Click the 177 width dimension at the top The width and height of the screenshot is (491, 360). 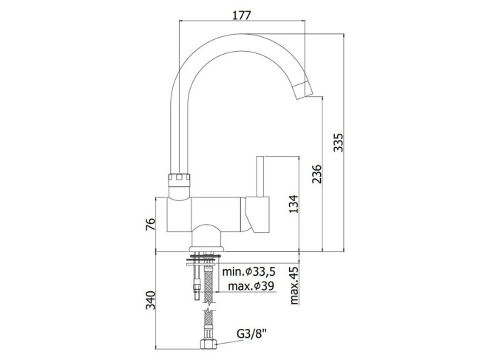click(x=242, y=15)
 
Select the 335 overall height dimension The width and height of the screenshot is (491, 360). click(x=338, y=143)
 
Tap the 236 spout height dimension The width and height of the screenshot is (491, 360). click(x=317, y=174)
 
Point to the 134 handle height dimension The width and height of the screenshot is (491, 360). click(x=294, y=204)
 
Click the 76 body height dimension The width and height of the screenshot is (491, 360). click(x=150, y=224)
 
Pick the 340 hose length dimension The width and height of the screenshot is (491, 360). click(x=150, y=300)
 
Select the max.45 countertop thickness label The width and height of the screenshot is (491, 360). click(x=294, y=285)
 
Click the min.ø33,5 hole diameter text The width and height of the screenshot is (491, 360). click(x=249, y=272)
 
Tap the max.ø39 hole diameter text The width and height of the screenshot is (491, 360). click(x=251, y=286)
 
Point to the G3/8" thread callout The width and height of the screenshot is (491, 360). click(x=251, y=334)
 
